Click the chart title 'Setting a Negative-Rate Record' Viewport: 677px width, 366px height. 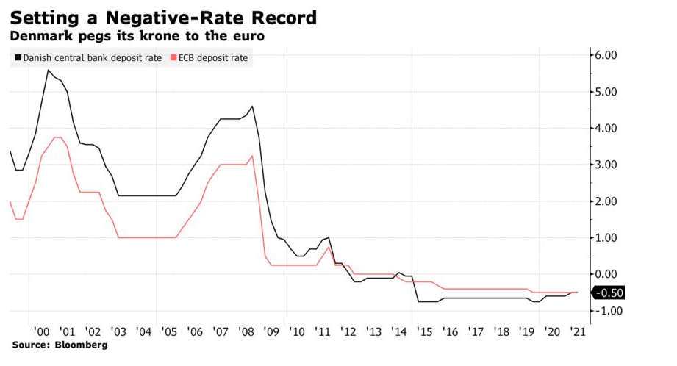pos(164,17)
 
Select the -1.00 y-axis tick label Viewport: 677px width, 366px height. pos(608,311)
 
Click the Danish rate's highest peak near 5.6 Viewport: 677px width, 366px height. pos(48,70)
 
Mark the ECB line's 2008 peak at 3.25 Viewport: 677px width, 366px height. pos(253,156)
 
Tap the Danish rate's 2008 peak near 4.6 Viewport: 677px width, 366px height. pos(253,107)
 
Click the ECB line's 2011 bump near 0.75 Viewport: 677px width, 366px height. pos(329,247)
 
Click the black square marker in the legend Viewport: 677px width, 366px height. pos(16,58)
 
